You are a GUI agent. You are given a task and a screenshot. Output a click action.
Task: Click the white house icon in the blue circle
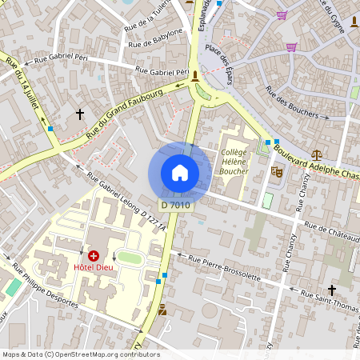(180, 173)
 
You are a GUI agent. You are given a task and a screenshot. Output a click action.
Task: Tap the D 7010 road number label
(175, 205)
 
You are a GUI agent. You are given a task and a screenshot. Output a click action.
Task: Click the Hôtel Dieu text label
(93, 267)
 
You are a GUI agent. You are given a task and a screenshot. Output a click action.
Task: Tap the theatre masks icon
(278, 170)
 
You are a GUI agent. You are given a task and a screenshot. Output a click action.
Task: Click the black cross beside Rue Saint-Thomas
(331, 289)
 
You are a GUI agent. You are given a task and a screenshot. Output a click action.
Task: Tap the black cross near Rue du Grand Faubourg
(79, 114)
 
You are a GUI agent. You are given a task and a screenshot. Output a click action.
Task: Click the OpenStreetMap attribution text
(81, 354)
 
